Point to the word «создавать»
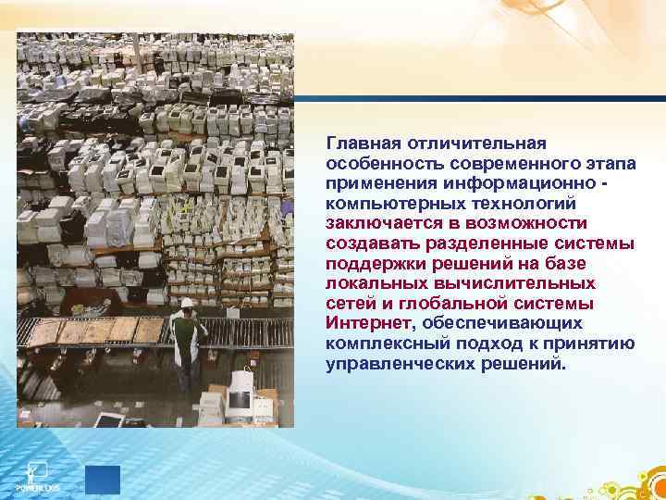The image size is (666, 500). [x=366, y=244]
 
